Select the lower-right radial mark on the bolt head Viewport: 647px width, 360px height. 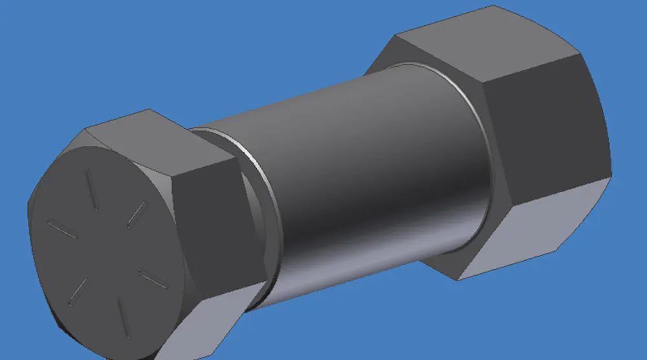click(x=154, y=280)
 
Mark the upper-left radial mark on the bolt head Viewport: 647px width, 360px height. click(x=61, y=228)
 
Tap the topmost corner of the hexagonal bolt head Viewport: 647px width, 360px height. click(x=150, y=109)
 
